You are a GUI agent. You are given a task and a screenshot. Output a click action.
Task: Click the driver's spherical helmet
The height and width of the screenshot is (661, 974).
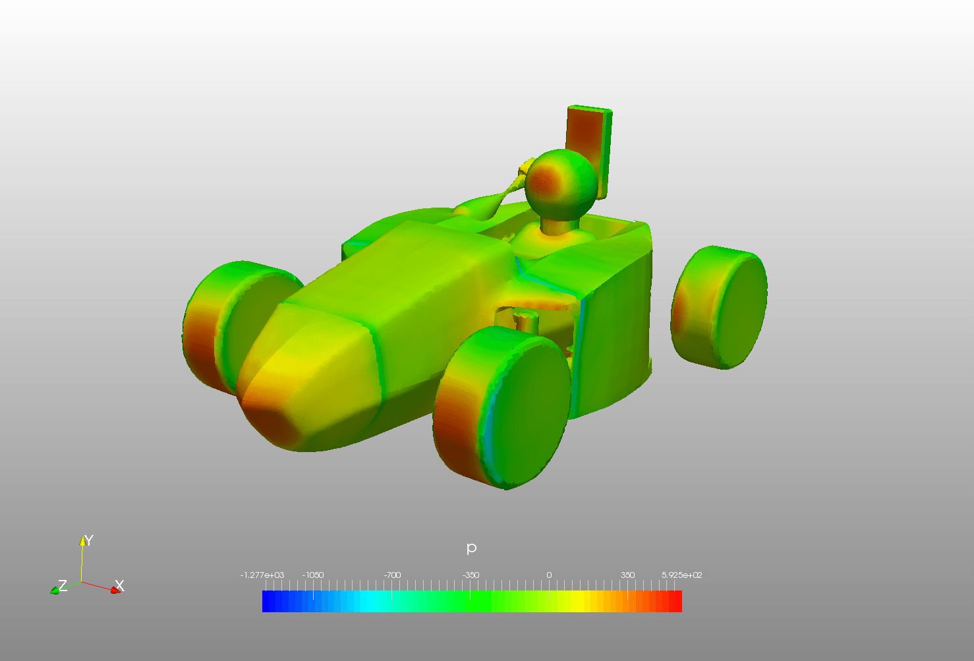click(x=561, y=185)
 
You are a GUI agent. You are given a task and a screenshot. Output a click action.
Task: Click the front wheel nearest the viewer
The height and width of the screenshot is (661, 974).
click(x=502, y=407)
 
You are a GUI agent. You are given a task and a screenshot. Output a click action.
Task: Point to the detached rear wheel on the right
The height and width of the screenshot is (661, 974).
click(x=719, y=307)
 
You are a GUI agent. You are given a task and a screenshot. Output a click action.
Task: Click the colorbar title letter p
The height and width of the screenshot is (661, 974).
click(x=471, y=548)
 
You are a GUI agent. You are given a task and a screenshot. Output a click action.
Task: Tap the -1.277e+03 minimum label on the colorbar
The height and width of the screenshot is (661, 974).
click(x=262, y=575)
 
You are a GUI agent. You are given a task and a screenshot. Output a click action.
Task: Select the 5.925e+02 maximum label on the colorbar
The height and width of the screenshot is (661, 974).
click(x=682, y=575)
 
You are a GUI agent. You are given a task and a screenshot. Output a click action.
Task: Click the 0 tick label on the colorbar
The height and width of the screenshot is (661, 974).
click(x=549, y=575)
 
